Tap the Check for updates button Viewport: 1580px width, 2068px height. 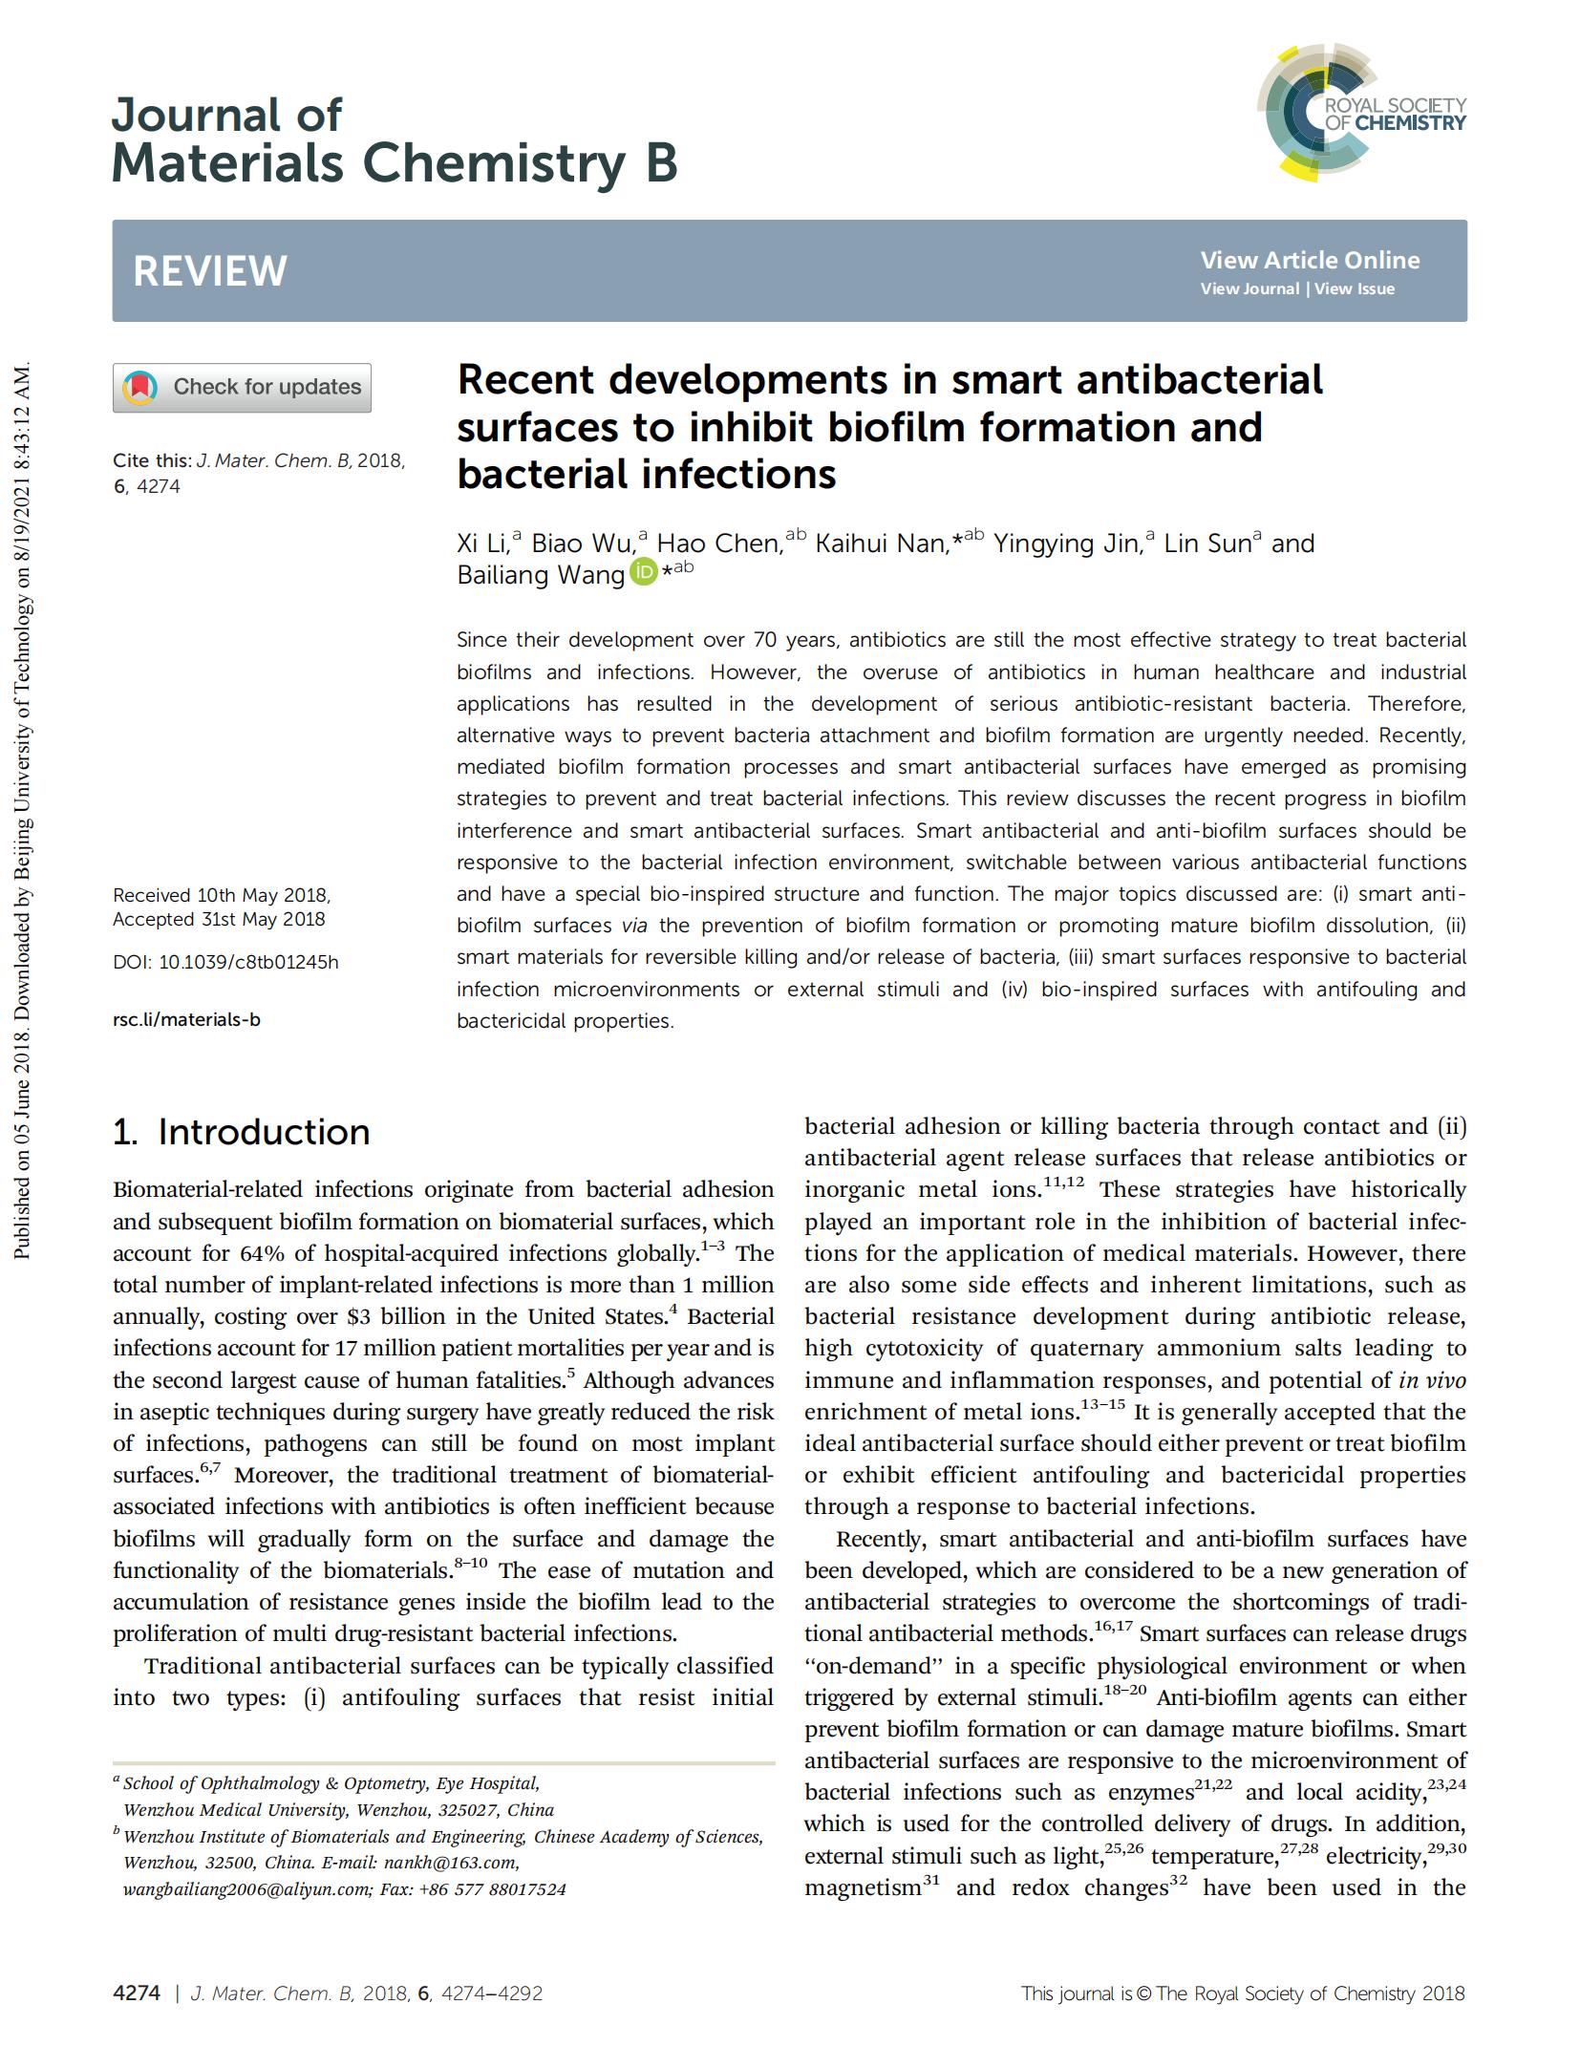click(242, 387)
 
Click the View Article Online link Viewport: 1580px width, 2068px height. click(1310, 260)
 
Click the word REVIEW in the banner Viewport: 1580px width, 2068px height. click(209, 271)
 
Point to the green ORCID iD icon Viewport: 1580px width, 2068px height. click(644, 572)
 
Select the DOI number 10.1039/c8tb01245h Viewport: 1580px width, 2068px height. click(248, 962)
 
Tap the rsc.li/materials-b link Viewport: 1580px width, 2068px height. click(186, 1019)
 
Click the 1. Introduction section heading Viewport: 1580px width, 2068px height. click(241, 1132)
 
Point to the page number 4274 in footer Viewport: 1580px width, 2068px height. click(136, 1993)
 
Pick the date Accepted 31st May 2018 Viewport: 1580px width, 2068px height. click(219, 919)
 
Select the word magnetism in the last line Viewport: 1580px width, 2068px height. click(862, 1887)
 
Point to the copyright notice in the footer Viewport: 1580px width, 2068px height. click(1242, 1993)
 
